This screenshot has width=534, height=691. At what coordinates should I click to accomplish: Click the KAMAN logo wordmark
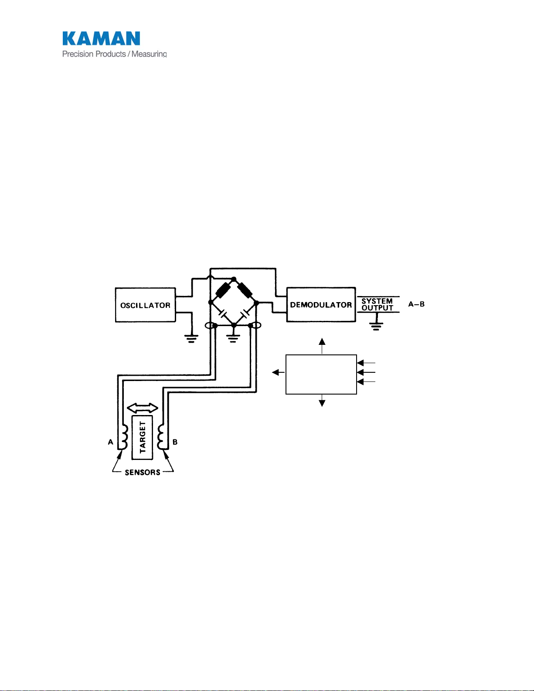coord(101,38)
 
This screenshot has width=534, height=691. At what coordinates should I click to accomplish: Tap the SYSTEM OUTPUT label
coord(377,304)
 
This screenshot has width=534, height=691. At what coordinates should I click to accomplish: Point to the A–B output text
coord(416,304)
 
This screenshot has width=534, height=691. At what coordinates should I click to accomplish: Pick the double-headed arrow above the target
coord(143,408)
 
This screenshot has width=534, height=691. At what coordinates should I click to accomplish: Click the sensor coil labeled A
coord(123,437)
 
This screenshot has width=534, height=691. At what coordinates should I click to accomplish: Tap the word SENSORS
coord(143,473)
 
